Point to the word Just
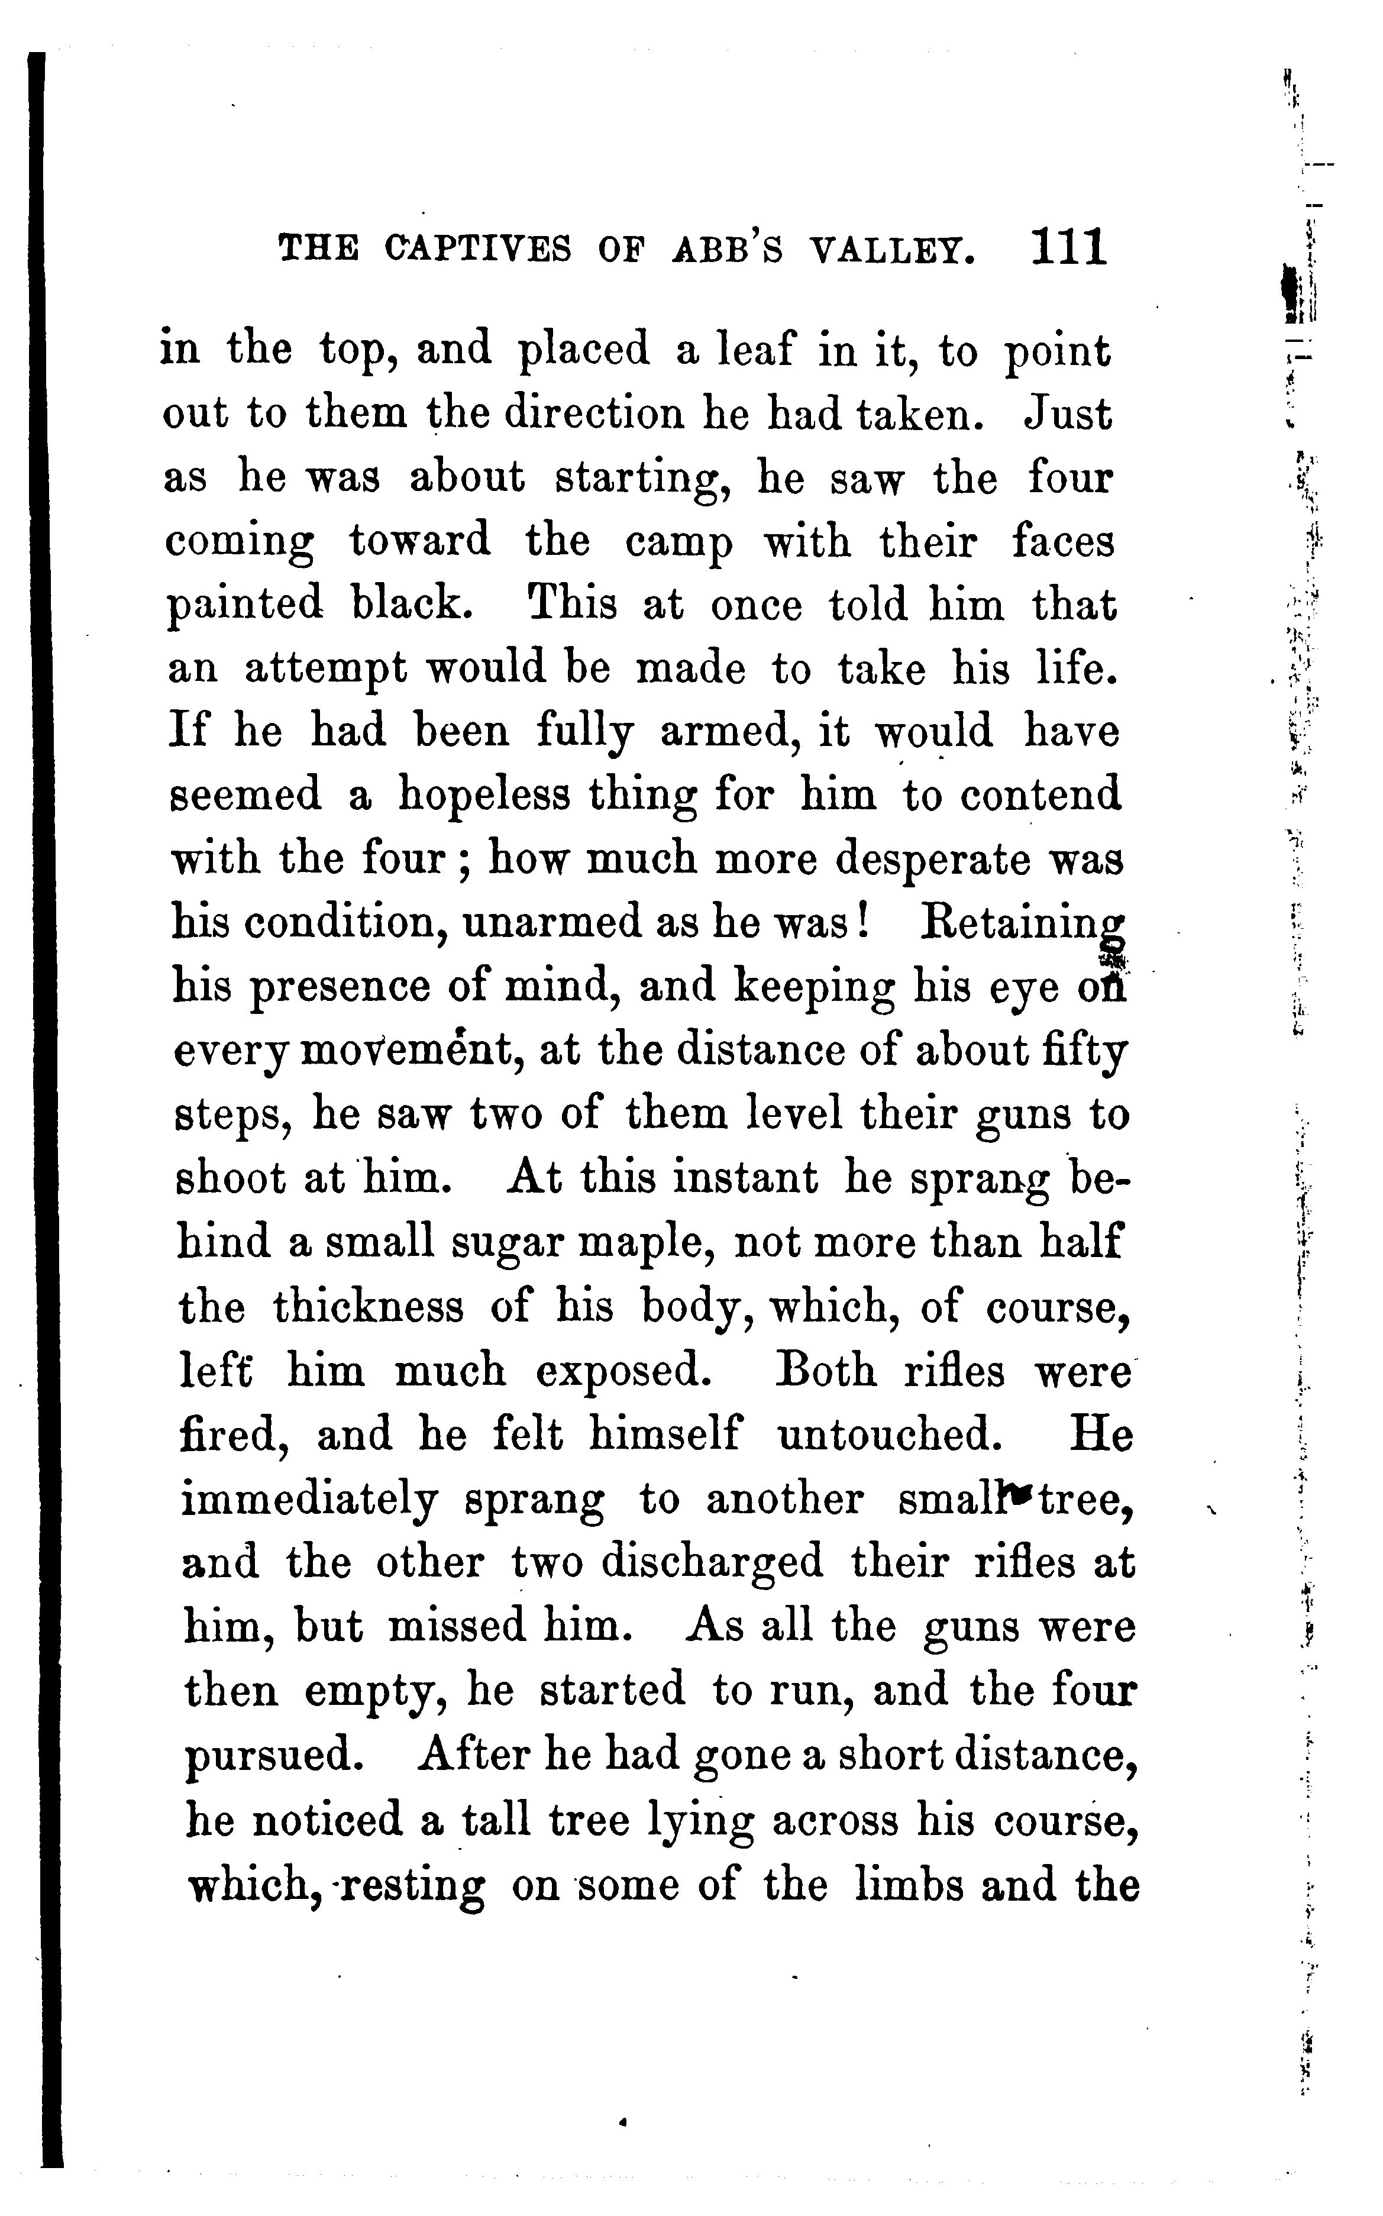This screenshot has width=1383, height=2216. [1068, 414]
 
